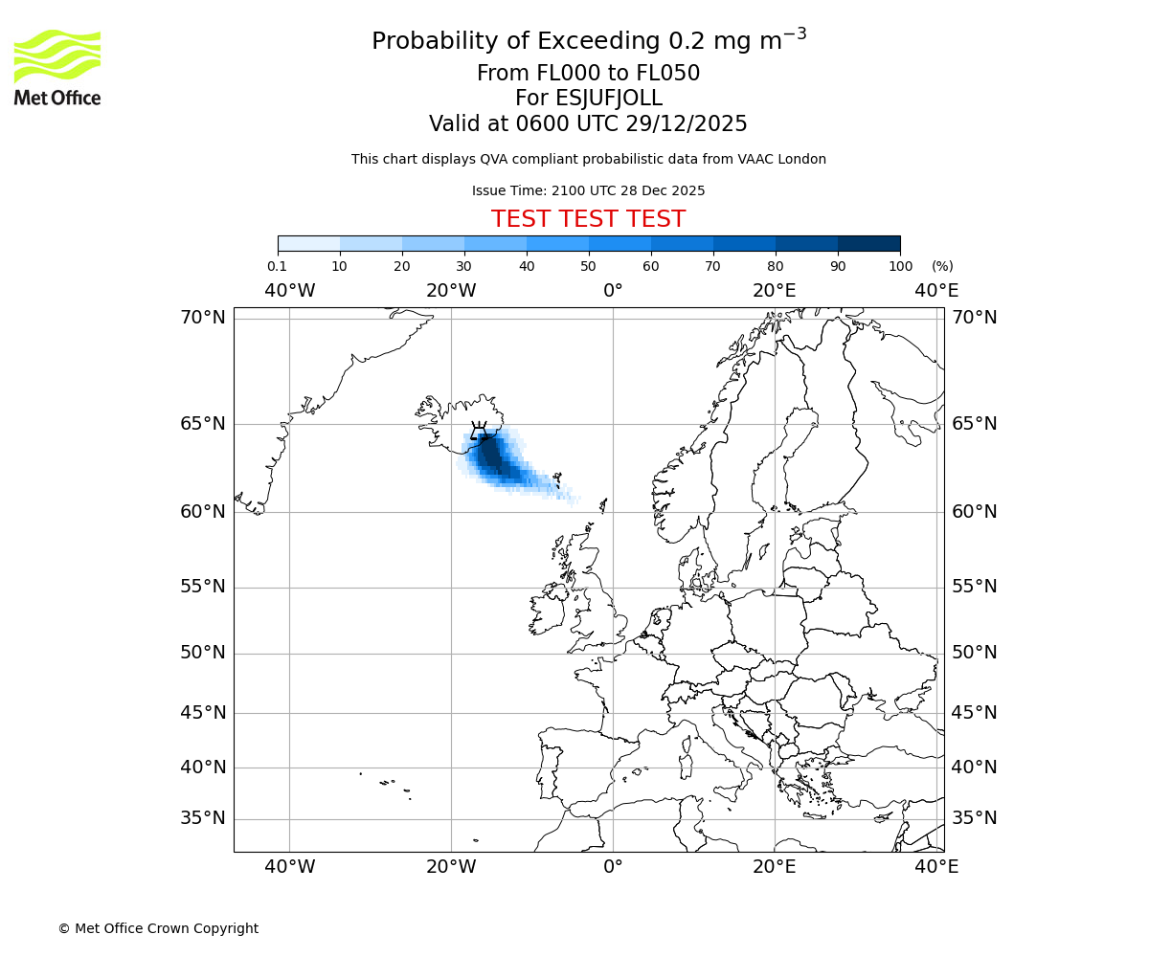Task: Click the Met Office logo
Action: click(57, 67)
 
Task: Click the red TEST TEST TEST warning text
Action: click(588, 219)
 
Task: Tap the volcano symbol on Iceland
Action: click(479, 431)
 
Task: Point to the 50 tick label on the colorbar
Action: click(588, 266)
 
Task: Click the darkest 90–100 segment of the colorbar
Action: click(868, 243)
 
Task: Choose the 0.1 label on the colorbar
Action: click(277, 266)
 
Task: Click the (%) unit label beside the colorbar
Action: click(942, 266)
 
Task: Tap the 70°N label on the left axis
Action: click(203, 317)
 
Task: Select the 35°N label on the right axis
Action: click(974, 818)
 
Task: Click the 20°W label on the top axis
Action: click(451, 290)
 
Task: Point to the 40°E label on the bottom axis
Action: click(935, 867)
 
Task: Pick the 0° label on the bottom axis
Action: click(613, 867)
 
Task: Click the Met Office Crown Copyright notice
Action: click(158, 928)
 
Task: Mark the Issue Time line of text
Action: click(588, 190)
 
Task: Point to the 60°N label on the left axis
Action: click(203, 512)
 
